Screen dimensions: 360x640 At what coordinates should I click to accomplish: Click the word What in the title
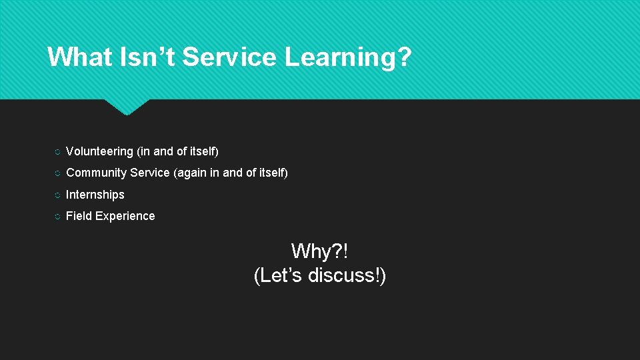pos(79,57)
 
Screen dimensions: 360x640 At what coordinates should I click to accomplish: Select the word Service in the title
pos(229,57)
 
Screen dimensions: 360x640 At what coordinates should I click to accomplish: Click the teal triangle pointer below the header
pos(127,106)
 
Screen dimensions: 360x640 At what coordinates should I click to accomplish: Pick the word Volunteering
pos(99,152)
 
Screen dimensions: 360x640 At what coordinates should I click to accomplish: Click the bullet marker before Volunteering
pos(57,153)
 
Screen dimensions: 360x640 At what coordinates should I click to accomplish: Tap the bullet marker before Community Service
pos(57,174)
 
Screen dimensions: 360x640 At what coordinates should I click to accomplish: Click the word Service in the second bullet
pos(150,173)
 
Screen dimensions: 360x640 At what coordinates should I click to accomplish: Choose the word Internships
pos(95,195)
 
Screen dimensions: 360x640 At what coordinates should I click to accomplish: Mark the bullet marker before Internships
pos(57,195)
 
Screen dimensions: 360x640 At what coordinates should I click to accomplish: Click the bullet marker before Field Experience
pos(57,217)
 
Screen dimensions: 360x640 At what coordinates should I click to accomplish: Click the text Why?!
pos(320,251)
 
